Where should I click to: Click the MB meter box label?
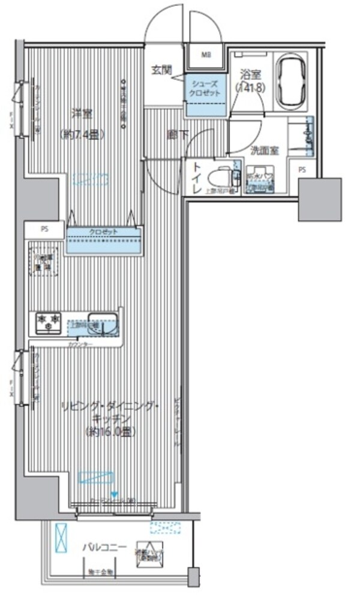[x=206, y=55]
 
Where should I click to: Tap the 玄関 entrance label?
[x=162, y=70]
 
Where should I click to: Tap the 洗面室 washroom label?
[x=265, y=151]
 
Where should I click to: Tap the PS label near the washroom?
[x=302, y=170]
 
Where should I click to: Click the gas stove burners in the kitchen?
[x=49, y=323]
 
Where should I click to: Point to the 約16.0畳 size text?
[x=112, y=431]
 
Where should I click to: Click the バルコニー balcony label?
[x=104, y=547]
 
